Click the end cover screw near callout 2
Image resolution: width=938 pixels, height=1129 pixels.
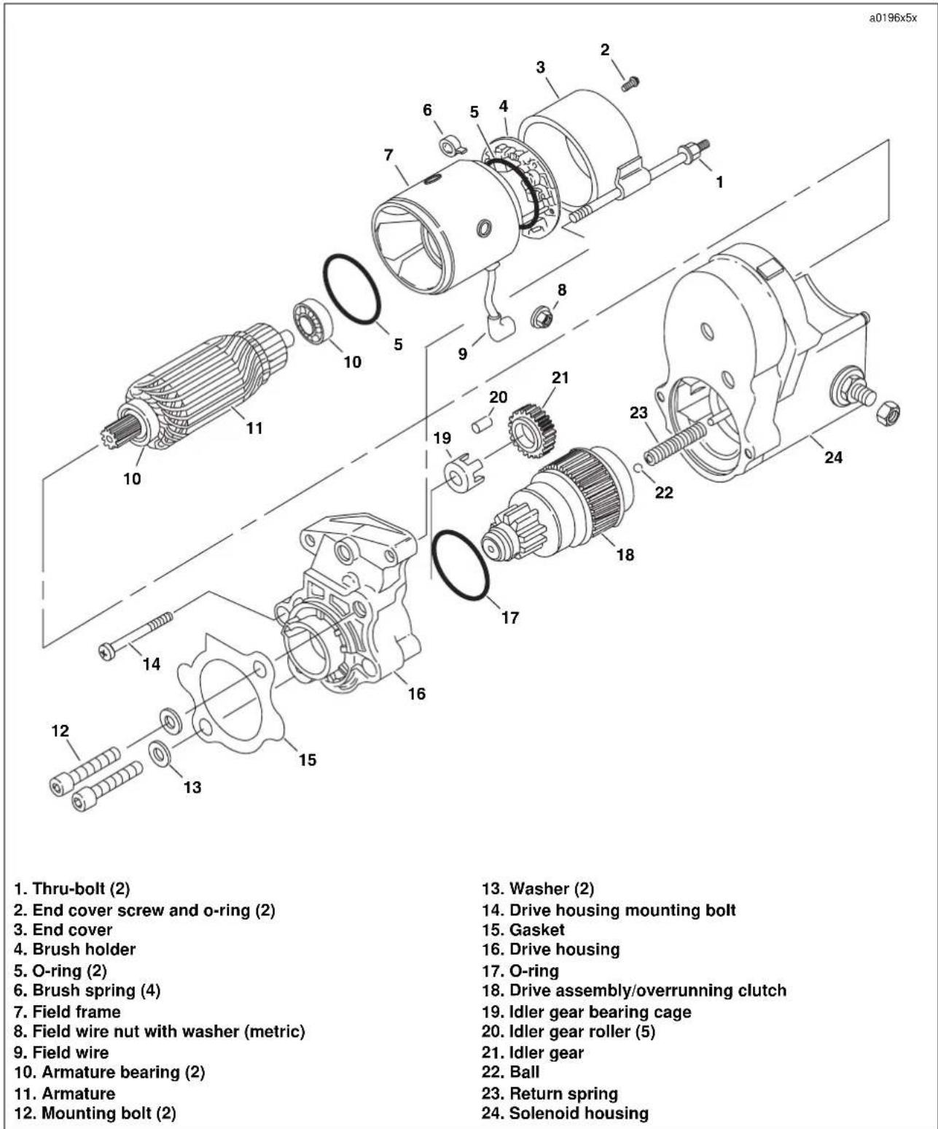point(630,84)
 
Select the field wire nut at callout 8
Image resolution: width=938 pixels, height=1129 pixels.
point(542,317)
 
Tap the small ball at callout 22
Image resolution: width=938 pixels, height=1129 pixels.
point(639,467)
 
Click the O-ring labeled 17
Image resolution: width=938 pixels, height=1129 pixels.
point(461,564)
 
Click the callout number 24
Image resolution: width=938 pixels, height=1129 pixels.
point(833,457)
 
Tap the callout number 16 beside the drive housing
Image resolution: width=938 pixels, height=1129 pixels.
point(417,694)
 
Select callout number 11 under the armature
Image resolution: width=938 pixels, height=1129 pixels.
point(254,428)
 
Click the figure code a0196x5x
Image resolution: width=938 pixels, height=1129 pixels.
point(893,18)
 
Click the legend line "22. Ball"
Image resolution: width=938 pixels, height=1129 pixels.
point(511,1071)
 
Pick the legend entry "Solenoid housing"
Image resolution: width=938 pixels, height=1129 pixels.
point(565,1112)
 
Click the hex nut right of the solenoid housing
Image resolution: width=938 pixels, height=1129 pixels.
point(887,414)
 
